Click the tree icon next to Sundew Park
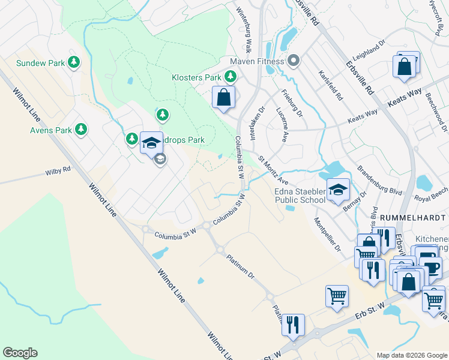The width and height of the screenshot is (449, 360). pos(74,62)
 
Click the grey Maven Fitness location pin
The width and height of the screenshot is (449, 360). pos(294,61)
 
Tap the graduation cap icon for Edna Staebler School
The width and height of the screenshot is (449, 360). pos(338,190)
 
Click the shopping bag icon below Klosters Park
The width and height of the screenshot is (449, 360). pos(223,97)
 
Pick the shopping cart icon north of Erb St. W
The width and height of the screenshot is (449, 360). pos(337,295)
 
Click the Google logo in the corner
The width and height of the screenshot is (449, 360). pos(20,353)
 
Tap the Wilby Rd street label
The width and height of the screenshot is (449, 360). pos(58,170)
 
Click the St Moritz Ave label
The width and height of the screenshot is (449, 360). pos(274,172)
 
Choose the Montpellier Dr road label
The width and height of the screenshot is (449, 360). pos(327,234)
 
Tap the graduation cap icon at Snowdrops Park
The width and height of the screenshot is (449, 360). pos(151,142)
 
